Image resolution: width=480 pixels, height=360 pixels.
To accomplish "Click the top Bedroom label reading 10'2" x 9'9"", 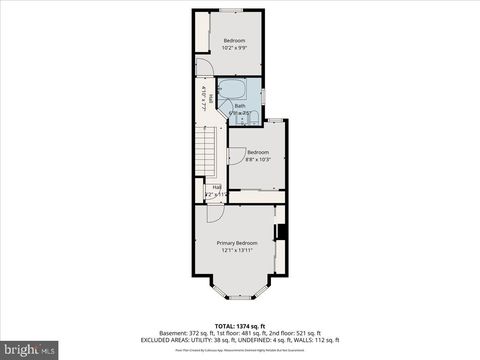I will [x=235, y=43].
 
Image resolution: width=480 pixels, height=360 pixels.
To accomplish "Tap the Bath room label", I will [x=240, y=106].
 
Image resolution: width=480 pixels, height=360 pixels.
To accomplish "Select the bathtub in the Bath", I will [x=233, y=92].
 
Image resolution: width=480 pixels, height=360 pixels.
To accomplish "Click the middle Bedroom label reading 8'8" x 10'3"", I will [x=257, y=156].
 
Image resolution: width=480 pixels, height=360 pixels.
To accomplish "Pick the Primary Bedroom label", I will [x=239, y=243].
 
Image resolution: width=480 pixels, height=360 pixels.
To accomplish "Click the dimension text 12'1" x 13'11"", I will [x=239, y=250].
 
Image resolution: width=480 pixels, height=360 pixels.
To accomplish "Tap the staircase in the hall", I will [x=205, y=155].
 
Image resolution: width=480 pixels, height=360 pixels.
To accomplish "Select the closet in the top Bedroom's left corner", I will [x=201, y=28].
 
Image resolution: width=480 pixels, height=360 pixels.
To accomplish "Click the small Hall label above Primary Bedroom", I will [x=216, y=186].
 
